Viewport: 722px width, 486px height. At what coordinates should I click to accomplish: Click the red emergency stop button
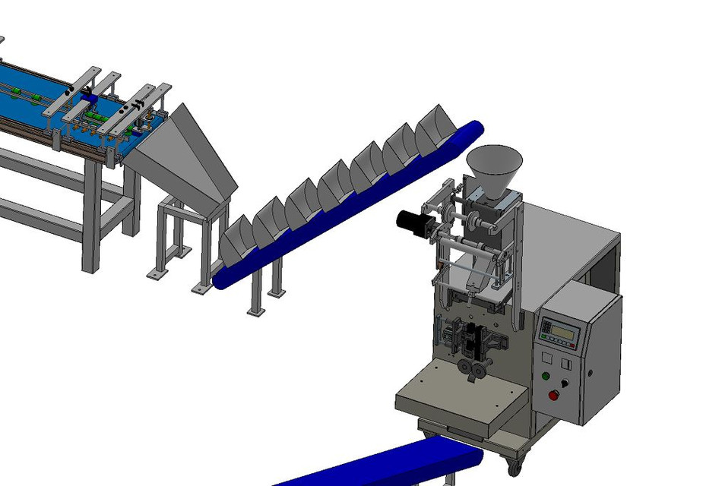click(553, 394)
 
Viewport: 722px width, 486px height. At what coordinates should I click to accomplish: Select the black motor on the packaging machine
click(413, 221)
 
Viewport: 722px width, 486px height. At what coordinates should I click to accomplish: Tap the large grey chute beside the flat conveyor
click(182, 156)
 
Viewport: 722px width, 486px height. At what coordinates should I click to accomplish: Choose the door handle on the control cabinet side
click(589, 372)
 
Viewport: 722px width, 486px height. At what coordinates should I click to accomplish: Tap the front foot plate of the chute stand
click(201, 289)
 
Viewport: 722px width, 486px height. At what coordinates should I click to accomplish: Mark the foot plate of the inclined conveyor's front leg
click(255, 311)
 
